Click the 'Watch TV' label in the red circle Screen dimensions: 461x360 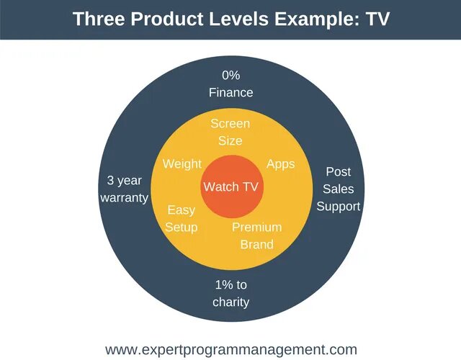[x=230, y=186]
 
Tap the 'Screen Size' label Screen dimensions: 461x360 [x=230, y=132]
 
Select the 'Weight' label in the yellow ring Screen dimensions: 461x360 [x=182, y=164]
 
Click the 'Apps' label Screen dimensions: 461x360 [x=280, y=164]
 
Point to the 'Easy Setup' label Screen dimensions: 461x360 [x=181, y=219]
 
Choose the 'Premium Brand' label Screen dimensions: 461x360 [x=256, y=235]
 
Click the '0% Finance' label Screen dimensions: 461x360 [x=230, y=84]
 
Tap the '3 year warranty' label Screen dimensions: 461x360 [x=124, y=189]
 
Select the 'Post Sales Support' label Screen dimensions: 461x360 [x=338, y=189]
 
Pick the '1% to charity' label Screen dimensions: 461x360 [x=230, y=294]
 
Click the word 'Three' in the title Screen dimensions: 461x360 [x=99, y=19]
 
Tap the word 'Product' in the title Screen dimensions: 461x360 [x=166, y=19]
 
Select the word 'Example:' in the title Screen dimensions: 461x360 [x=317, y=19]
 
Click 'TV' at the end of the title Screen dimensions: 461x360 [x=377, y=19]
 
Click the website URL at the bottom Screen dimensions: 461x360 [x=231, y=350]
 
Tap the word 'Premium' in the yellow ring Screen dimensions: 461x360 [x=256, y=228]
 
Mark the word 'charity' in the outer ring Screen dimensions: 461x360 [x=230, y=302]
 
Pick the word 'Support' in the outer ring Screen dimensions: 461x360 [x=338, y=207]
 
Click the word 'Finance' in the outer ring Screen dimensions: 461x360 [x=230, y=93]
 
